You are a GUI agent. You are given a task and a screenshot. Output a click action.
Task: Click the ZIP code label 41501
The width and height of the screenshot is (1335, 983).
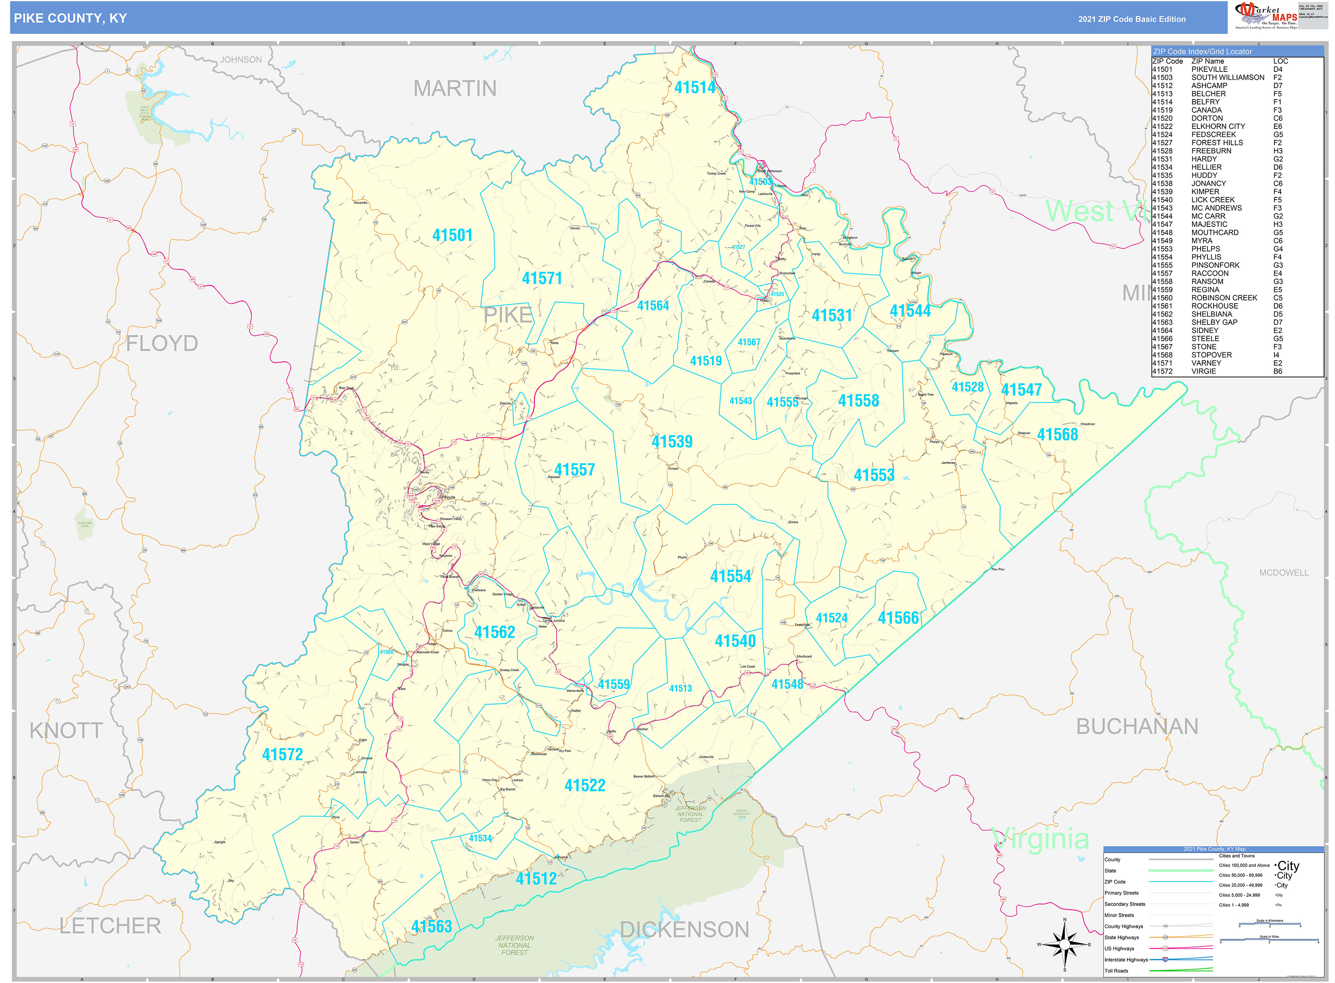(452, 236)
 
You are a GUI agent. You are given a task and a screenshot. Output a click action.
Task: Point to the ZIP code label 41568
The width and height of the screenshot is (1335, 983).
(1057, 434)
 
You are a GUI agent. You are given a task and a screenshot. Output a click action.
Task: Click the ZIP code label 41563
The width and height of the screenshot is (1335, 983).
(431, 926)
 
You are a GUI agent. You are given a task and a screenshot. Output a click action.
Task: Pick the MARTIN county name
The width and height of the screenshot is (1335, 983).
(455, 89)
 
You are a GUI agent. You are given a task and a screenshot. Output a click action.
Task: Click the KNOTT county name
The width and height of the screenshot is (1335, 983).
(66, 730)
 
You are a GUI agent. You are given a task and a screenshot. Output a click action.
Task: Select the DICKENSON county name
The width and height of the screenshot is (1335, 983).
(684, 929)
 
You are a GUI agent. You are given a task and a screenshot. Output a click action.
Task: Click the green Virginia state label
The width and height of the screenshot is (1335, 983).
(1041, 839)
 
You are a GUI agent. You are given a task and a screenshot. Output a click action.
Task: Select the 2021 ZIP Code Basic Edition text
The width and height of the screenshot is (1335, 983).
(1131, 19)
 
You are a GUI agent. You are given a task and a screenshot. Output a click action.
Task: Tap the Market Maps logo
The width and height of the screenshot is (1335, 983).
(1265, 16)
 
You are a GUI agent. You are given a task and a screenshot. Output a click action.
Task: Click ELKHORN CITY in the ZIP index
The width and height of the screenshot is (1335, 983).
(1218, 126)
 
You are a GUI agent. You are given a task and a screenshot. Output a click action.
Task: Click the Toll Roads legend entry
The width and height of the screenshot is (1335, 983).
(1116, 971)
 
